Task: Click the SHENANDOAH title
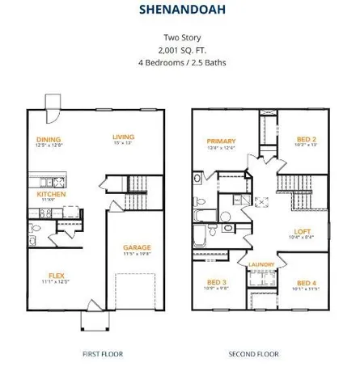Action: click(180, 11)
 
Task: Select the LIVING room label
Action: click(124, 137)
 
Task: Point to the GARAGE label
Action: click(138, 247)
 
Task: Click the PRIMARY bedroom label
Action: click(221, 140)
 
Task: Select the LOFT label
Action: click(303, 230)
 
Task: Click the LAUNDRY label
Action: click(261, 264)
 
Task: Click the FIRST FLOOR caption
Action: click(102, 354)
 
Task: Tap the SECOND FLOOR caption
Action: click(253, 354)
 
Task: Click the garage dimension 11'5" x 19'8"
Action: click(138, 255)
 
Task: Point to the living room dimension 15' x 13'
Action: click(124, 145)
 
